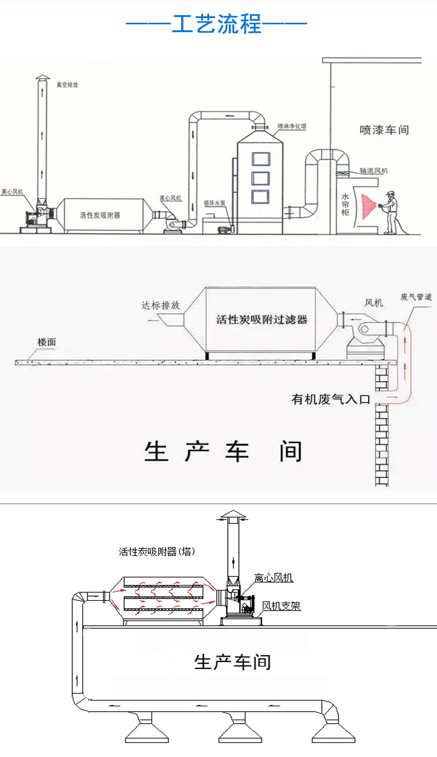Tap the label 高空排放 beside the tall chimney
coord(67,84)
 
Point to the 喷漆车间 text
coord(384,130)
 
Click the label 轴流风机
coord(373,171)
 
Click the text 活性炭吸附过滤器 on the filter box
coord(262,319)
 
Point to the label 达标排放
coord(161,304)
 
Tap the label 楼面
coord(47,342)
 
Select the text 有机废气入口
coord(330,399)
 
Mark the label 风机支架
coord(281,606)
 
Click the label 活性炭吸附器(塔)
coord(157,551)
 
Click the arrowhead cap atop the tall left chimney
coord(42,78)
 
